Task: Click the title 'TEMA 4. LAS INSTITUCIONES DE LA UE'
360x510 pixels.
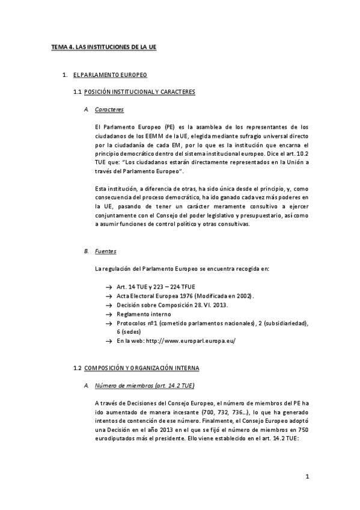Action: pyautogui.click(x=103, y=46)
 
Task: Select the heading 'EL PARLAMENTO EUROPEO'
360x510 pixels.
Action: pyautogui.click(x=110, y=75)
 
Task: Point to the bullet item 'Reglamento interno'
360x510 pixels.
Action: pyautogui.click(x=144, y=315)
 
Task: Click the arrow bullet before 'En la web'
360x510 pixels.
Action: pyautogui.click(x=109, y=341)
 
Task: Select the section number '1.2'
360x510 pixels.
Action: pyautogui.click(x=76, y=367)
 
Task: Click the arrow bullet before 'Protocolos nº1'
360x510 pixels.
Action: pyautogui.click(x=109, y=324)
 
